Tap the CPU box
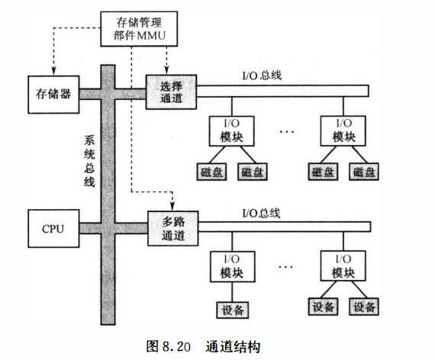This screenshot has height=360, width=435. tap(53, 228)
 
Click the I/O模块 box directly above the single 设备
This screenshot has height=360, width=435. tap(231, 266)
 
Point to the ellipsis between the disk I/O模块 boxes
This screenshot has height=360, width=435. tap(287, 132)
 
